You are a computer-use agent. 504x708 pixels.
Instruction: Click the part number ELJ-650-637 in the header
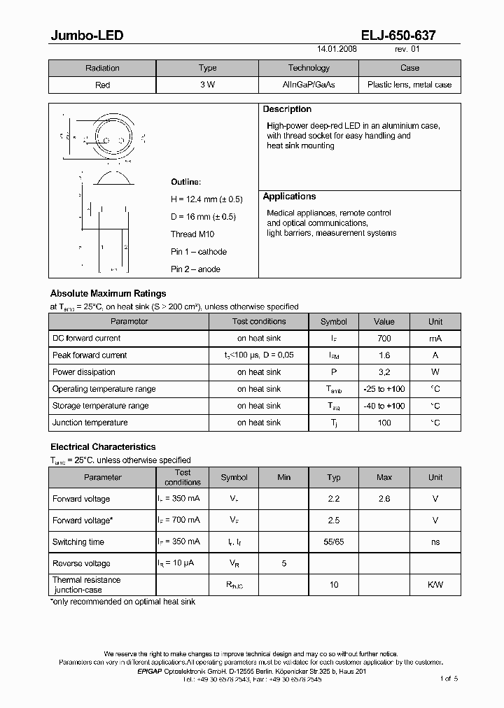[x=400, y=35]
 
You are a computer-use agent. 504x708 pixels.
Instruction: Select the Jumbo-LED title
[x=87, y=35]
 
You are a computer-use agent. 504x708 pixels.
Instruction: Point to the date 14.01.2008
[x=337, y=50]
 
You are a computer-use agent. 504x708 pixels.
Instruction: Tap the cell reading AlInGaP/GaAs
[x=309, y=85]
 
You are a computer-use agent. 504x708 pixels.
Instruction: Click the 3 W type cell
[x=208, y=85]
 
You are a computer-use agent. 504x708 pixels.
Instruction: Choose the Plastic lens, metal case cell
[x=409, y=85]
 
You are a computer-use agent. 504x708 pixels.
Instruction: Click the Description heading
[x=287, y=110]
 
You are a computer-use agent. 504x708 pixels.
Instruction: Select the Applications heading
[x=289, y=197]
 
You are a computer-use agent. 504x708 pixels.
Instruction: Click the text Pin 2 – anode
[x=195, y=269]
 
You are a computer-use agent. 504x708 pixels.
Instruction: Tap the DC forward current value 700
[x=384, y=339]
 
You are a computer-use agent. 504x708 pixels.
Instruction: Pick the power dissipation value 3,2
[x=384, y=372]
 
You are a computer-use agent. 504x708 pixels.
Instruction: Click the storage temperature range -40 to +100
[x=384, y=406]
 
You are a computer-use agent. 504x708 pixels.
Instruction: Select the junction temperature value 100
[x=384, y=423]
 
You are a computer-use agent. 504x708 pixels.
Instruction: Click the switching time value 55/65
[x=334, y=542]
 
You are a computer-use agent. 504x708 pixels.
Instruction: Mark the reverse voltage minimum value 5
[x=283, y=564]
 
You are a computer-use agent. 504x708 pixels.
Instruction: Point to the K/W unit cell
[x=435, y=585]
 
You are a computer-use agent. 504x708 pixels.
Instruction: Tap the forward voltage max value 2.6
[x=384, y=500]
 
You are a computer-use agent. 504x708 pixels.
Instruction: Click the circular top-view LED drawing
[x=109, y=135]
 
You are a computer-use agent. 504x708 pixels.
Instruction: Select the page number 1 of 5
[x=448, y=679]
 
